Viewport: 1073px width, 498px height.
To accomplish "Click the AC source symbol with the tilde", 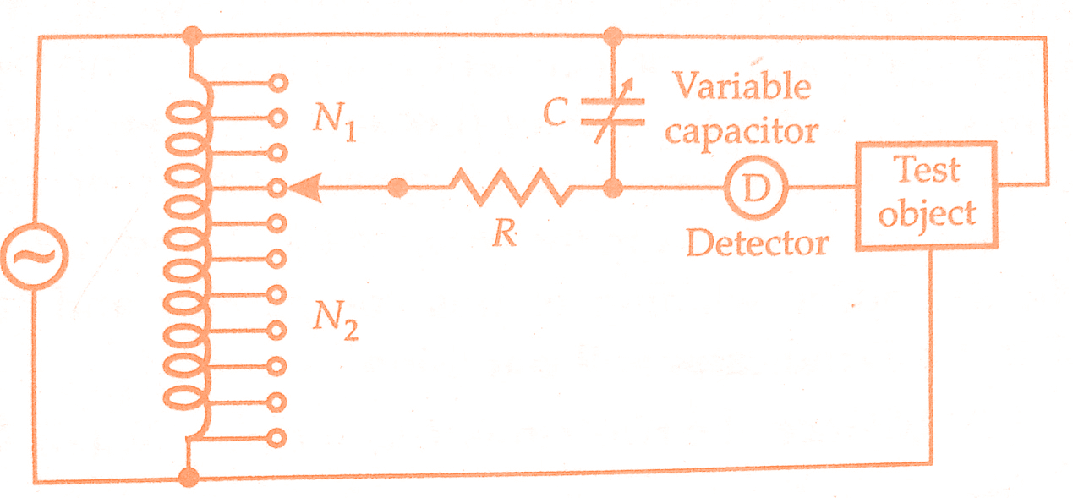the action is click(x=35, y=256).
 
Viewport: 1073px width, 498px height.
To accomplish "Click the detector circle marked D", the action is click(x=756, y=188).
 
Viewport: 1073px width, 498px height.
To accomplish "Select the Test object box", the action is click(x=927, y=195).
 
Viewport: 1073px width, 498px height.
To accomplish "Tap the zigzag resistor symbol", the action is click(x=512, y=187).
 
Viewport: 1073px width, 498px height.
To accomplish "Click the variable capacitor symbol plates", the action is click(x=613, y=112).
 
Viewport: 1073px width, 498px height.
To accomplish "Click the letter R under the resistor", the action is click(x=506, y=233).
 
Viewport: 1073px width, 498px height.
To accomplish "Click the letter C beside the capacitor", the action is click(x=556, y=112).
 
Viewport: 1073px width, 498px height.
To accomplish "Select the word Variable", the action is click(x=742, y=86).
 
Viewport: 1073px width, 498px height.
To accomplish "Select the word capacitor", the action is click(x=742, y=131).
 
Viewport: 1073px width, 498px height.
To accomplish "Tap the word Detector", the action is click(x=758, y=243).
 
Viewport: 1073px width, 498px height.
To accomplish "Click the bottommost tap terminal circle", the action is click(x=276, y=438).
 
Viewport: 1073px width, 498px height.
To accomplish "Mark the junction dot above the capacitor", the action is click(x=613, y=36).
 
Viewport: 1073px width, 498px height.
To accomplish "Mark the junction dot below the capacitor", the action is click(x=612, y=188).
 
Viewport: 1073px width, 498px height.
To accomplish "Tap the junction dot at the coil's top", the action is click(x=193, y=36).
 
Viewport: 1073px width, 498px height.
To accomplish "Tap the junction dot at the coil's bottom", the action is click(x=189, y=477).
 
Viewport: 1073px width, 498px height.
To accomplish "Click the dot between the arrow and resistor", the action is click(x=397, y=187).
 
